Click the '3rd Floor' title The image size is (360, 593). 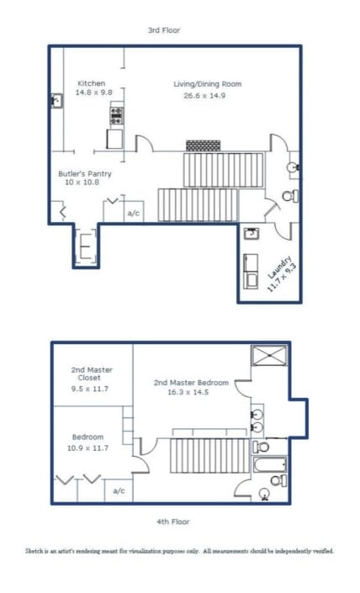[163, 30]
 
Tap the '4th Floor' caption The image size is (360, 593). [172, 522]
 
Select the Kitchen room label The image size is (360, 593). [92, 83]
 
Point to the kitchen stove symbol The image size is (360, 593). [115, 115]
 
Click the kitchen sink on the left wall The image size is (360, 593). [56, 101]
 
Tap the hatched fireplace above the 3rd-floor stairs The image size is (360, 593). [203, 146]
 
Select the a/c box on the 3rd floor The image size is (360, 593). [133, 214]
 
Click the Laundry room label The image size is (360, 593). [280, 272]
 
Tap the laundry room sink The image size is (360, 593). [251, 234]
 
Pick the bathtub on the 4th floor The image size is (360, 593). [270, 463]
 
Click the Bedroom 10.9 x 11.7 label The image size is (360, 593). [87, 442]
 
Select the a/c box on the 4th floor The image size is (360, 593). [119, 490]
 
